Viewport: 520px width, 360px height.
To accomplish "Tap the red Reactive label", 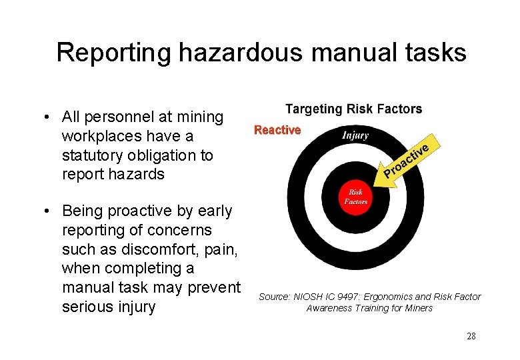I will click(x=277, y=130).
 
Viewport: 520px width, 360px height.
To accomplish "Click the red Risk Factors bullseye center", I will click(x=355, y=197).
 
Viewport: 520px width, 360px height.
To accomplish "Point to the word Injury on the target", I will click(x=355, y=135).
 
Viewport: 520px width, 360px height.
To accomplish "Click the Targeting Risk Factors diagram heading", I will click(x=353, y=109).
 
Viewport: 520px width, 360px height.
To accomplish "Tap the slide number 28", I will click(x=471, y=336).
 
